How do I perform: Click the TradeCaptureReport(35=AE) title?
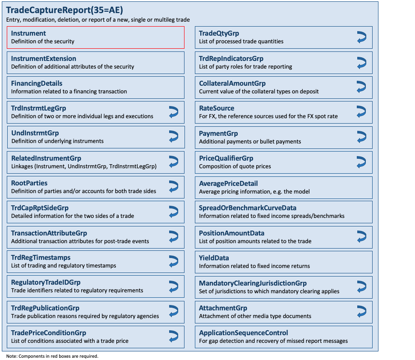(x=65, y=10)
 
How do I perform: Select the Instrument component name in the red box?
(x=28, y=33)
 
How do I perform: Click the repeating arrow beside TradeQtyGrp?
(x=361, y=37)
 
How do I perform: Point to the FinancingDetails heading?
(x=37, y=83)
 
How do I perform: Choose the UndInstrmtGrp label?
(x=35, y=133)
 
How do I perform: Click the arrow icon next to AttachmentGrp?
(x=361, y=311)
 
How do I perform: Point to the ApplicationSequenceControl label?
(x=244, y=333)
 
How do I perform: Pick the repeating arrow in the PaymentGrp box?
(x=361, y=137)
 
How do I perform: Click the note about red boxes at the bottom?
(x=52, y=356)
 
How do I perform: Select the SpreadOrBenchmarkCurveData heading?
(x=248, y=208)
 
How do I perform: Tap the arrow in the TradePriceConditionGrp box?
(x=173, y=336)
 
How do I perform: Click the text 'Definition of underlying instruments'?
(x=57, y=141)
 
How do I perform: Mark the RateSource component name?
(x=217, y=108)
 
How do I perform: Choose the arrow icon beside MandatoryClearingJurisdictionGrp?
(x=361, y=286)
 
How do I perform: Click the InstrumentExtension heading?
(x=44, y=59)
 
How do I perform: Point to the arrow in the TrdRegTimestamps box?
(x=173, y=261)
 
